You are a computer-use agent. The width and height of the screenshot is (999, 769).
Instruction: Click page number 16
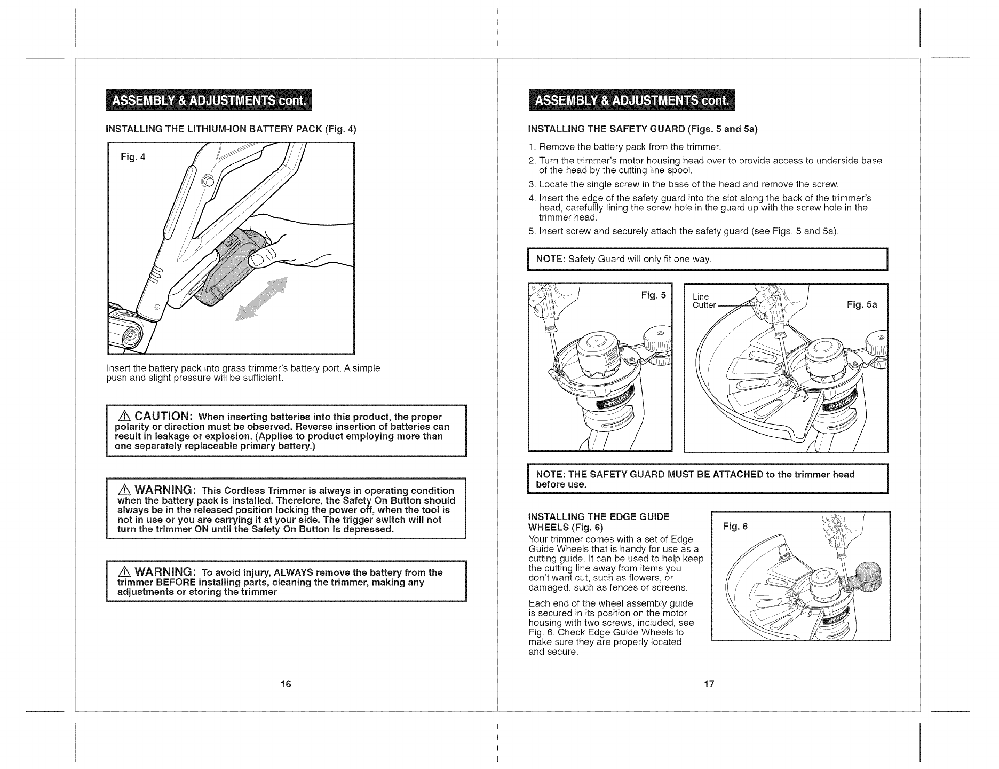tap(286, 685)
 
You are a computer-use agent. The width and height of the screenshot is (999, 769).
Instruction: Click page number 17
tap(709, 685)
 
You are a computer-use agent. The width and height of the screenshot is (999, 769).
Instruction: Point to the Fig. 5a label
tap(862, 305)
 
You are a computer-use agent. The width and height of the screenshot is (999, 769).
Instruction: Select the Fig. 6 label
tap(735, 527)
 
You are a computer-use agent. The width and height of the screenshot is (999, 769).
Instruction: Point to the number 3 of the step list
tap(531, 185)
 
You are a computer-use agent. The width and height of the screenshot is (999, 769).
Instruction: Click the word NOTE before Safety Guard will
tap(550, 260)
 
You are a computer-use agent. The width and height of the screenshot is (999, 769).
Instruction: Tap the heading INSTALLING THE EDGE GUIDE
tap(598, 517)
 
